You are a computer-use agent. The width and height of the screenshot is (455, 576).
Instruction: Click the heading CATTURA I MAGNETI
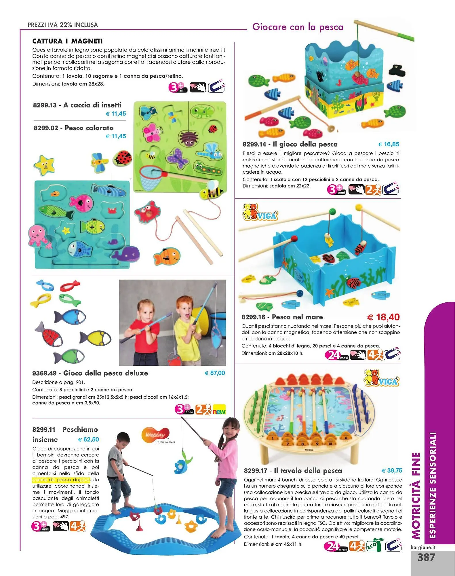point(68,41)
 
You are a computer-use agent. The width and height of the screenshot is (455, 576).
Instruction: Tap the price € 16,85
point(389,144)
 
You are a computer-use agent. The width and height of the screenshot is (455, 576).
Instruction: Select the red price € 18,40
point(384,317)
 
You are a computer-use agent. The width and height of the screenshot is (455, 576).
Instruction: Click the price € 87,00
point(215,373)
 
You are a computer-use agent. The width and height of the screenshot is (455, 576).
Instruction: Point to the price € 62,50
point(88,439)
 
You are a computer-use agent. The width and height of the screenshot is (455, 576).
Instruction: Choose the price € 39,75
point(392,471)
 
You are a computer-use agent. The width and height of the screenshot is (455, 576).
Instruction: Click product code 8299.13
point(45,105)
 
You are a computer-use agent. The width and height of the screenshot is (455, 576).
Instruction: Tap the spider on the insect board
point(188,138)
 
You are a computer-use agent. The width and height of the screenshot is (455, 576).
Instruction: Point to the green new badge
point(219,410)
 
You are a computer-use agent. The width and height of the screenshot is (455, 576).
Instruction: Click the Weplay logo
point(155,434)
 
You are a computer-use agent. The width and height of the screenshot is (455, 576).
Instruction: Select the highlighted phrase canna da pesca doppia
point(61,480)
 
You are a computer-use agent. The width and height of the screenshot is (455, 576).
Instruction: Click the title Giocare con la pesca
point(298,27)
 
